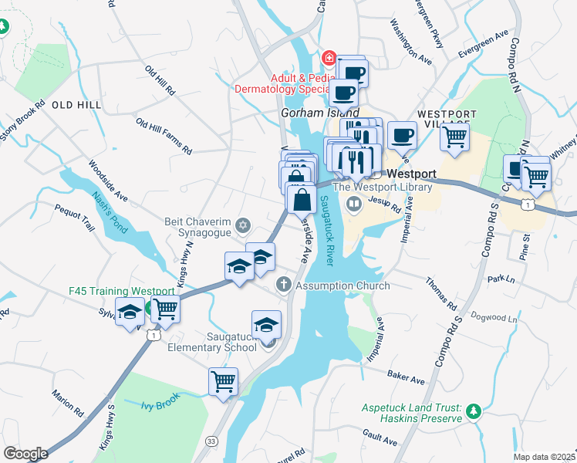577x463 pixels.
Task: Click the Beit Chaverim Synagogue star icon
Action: pyautogui.click(x=244, y=225)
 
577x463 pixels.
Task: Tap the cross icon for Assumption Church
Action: pyautogui.click(x=283, y=286)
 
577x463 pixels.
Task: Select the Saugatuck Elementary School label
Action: pyautogui.click(x=212, y=341)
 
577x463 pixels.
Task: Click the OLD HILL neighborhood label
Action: pyautogui.click(x=76, y=104)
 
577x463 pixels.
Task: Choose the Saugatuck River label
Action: pyautogui.click(x=326, y=231)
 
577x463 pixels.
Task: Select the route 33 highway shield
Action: pyautogui.click(x=211, y=440)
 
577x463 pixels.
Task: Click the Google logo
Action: pyautogui.click(x=25, y=453)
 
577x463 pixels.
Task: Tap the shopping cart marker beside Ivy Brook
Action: pyautogui.click(x=223, y=380)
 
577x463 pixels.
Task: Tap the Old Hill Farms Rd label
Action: pyautogui.click(x=164, y=135)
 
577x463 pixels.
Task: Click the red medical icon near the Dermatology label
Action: pyautogui.click(x=329, y=58)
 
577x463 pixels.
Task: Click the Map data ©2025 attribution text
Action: pyautogui.click(x=545, y=457)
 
